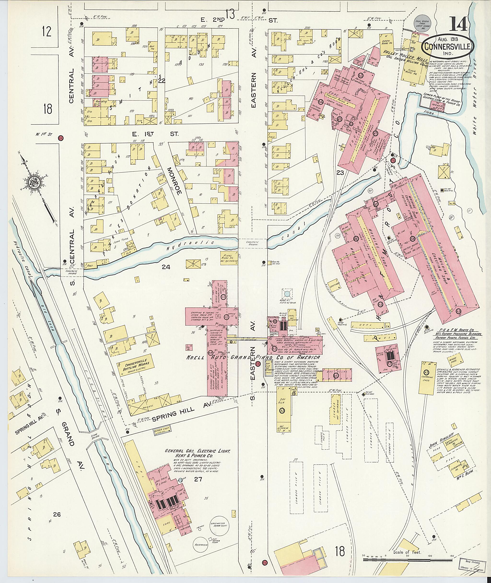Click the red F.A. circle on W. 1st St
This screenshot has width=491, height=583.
(61, 138)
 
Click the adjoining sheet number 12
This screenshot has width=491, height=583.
(47, 31)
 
